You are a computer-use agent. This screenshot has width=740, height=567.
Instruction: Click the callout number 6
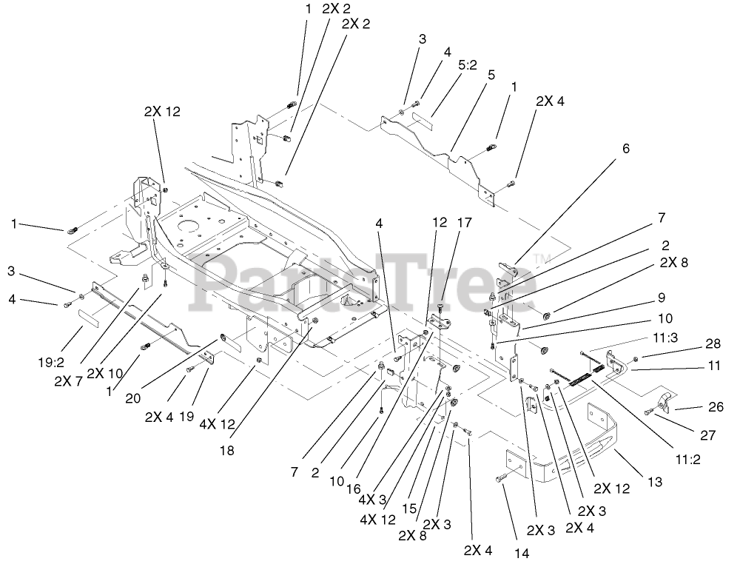tap(626, 149)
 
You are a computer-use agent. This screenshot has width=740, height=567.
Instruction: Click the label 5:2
tap(467, 64)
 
